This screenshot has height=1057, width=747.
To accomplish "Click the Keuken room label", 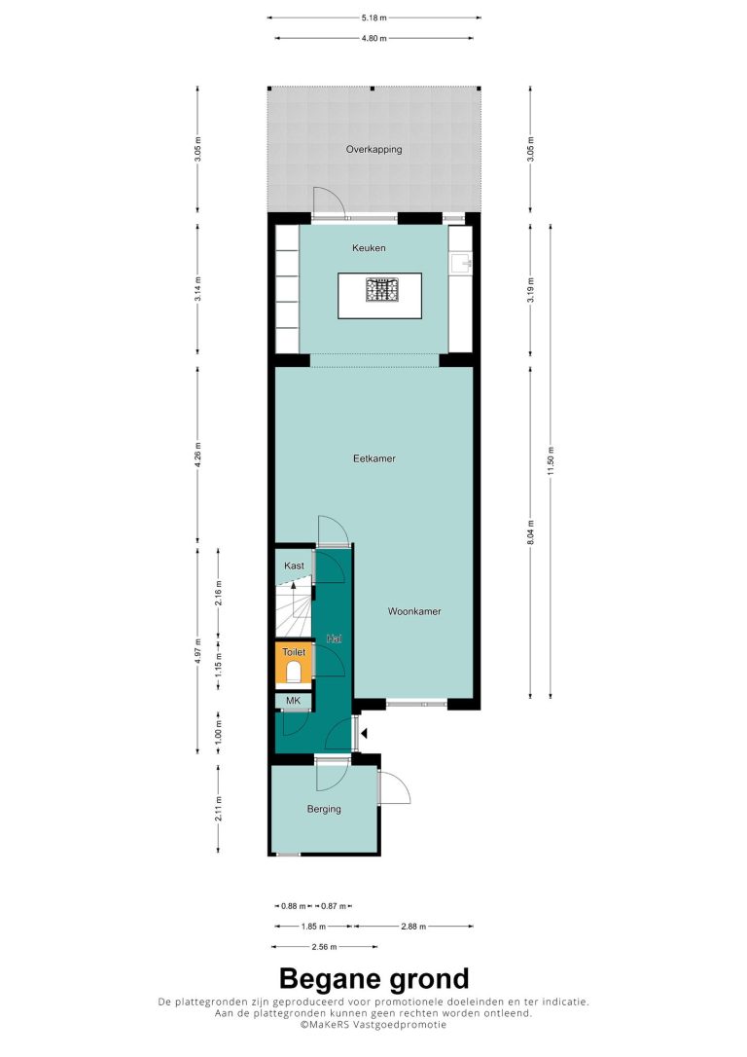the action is (x=369, y=248).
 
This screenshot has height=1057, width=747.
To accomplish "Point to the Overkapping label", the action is (x=373, y=150).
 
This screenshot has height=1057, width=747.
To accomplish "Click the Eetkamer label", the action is (x=374, y=458).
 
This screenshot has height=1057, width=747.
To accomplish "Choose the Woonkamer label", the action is (x=414, y=611).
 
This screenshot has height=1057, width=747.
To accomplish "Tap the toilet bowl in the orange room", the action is (x=293, y=673).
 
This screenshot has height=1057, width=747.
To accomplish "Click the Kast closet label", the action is (x=294, y=565).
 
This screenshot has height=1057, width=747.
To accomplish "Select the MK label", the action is (x=293, y=701).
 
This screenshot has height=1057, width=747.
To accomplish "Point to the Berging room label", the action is (x=324, y=809).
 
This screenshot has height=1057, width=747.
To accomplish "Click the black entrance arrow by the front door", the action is (x=364, y=734).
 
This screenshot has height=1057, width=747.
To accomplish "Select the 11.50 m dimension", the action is (x=551, y=461).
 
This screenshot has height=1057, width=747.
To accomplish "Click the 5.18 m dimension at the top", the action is (x=373, y=18).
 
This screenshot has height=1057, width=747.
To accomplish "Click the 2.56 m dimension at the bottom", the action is (x=324, y=947).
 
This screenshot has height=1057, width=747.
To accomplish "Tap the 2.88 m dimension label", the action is (x=413, y=927).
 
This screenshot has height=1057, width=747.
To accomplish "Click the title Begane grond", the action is (x=373, y=979).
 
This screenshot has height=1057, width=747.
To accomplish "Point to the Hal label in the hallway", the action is (x=334, y=638).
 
